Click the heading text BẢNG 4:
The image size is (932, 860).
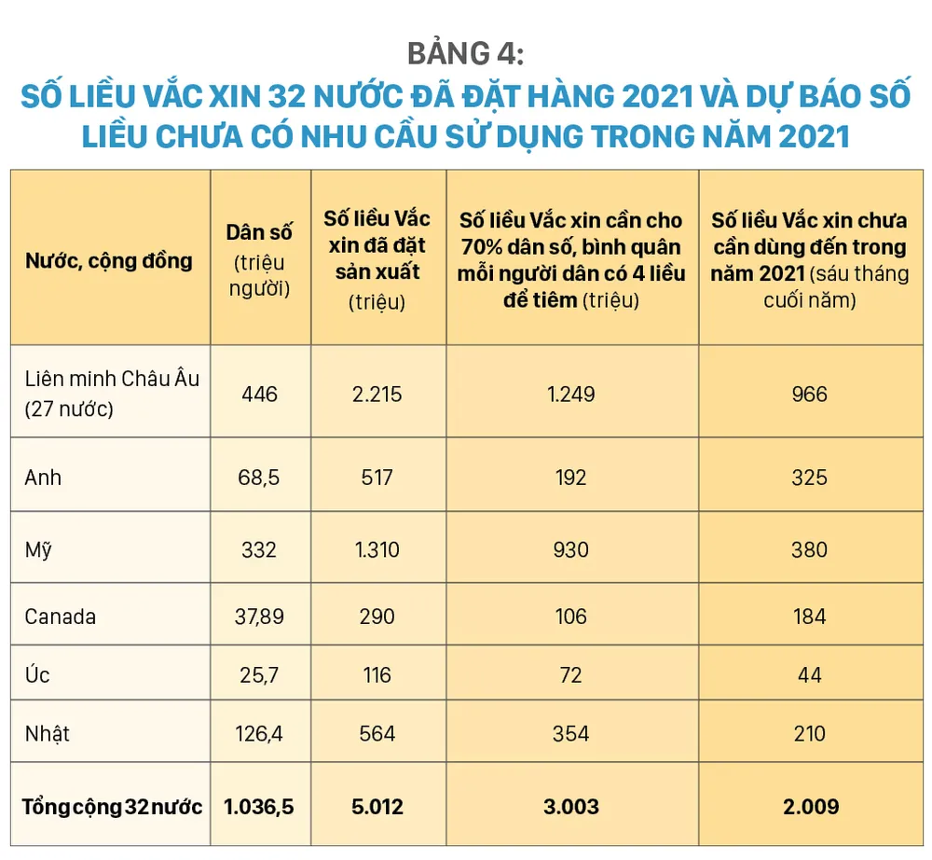point(466,54)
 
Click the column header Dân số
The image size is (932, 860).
point(258,234)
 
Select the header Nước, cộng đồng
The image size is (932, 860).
point(108,260)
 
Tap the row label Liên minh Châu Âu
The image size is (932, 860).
point(112,380)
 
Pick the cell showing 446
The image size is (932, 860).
point(259,395)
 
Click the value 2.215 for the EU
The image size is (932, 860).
point(377,395)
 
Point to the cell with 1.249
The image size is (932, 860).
point(571,395)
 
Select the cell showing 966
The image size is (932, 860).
point(809,395)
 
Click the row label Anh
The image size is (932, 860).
point(44,477)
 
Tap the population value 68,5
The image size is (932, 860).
point(259,477)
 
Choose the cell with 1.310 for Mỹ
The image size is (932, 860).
point(377,549)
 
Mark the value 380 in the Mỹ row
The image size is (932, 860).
point(809,549)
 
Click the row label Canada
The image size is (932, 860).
point(61,617)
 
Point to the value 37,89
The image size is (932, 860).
point(259,617)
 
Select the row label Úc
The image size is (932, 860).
point(37,673)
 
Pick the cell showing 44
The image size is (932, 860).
point(809,673)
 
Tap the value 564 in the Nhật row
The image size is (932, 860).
point(377,733)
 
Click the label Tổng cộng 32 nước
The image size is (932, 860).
point(112,807)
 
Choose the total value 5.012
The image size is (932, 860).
point(377,807)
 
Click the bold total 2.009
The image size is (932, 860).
point(809,807)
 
